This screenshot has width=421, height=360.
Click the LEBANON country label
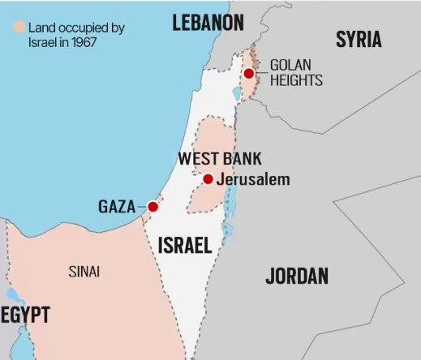pos(208,23)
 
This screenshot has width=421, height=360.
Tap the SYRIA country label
pos(359,39)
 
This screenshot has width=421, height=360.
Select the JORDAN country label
pos(297,276)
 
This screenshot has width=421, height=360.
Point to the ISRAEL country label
pos(184,245)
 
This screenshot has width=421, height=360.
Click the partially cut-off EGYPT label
pos(25,315)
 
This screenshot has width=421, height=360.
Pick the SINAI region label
pos(84,272)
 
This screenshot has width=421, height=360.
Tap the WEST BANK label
pos(220,159)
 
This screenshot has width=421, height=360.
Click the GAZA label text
pos(117,207)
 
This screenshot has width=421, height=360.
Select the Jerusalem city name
pos(253,179)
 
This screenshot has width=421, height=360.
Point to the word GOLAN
pos(290,65)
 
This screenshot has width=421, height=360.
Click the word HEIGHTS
pos(296,80)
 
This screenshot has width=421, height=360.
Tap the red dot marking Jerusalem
pos(208,179)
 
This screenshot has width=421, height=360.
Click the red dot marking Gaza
pos(153,207)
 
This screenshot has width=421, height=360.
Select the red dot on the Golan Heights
pos(249,73)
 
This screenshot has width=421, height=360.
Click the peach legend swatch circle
pos(19,26)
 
